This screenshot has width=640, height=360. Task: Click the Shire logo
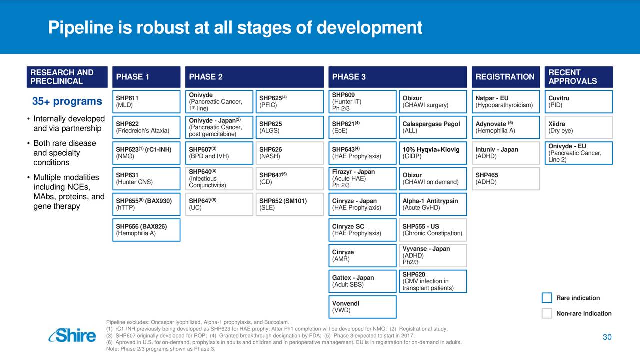click(x=72, y=335)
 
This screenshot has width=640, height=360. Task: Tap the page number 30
click(x=607, y=337)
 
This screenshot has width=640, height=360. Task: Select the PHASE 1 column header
click(x=146, y=77)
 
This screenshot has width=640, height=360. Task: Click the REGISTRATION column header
click(x=505, y=77)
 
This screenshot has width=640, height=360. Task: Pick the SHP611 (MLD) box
click(x=146, y=102)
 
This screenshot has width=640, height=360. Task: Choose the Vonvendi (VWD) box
click(x=362, y=307)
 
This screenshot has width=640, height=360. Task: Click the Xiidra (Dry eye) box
click(x=578, y=127)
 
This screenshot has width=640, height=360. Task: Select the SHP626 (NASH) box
click(x=289, y=153)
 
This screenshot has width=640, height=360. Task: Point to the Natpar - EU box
click(x=505, y=102)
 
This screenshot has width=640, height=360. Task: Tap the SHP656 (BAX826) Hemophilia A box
click(x=146, y=230)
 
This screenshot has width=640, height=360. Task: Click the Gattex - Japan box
click(x=362, y=281)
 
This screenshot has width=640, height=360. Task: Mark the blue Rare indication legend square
click(x=547, y=298)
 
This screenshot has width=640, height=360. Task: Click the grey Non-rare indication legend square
click(x=547, y=313)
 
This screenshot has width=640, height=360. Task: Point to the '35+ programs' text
click(x=67, y=101)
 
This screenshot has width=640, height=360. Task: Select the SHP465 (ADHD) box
click(x=505, y=179)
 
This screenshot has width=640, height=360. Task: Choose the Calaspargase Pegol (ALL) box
click(x=433, y=127)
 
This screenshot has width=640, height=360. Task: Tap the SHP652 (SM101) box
click(x=289, y=204)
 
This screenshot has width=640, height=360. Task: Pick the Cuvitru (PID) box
click(x=578, y=102)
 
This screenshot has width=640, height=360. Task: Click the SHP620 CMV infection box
click(x=433, y=281)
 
